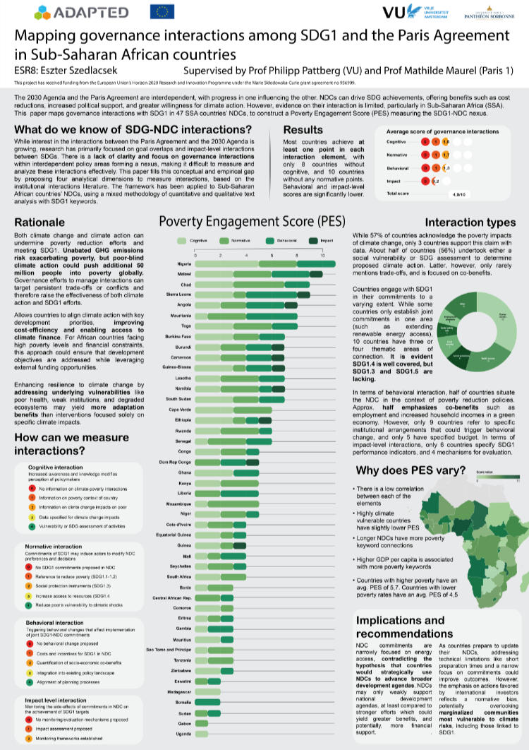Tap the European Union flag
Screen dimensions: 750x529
point(162,11)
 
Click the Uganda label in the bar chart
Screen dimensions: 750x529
point(184,734)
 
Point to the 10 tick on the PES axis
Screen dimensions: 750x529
point(322,254)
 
